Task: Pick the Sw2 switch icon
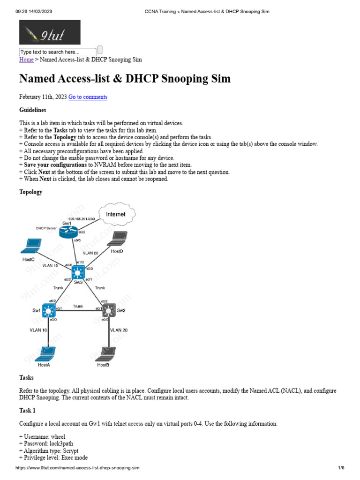[x=109, y=310]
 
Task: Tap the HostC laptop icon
[x=33, y=245]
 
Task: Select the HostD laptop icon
[x=117, y=239]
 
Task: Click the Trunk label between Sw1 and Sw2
[x=78, y=306]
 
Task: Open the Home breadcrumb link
[x=26, y=60]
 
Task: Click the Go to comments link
[x=88, y=97]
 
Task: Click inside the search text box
[x=57, y=52]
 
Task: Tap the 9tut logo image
[x=50, y=32]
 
